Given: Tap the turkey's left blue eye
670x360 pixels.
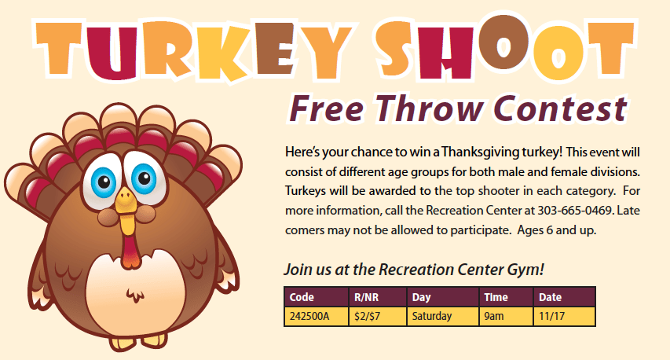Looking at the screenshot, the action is coord(104,182).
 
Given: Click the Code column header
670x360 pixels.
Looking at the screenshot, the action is coord(317,297).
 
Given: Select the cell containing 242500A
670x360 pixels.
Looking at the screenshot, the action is coord(317,317).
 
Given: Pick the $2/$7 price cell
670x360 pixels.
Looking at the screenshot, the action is coord(378,317).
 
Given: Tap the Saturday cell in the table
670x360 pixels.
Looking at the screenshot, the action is coord(443,317).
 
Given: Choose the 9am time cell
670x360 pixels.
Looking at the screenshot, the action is coord(507,317).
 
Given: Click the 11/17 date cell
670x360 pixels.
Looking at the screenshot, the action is coord(565,317).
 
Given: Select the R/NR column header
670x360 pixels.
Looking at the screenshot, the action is coord(378,297).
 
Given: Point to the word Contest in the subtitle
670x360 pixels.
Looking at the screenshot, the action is coord(560,108).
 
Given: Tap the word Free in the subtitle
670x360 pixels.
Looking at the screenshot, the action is coord(326,108).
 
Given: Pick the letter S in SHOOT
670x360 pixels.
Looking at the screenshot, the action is coord(400,50).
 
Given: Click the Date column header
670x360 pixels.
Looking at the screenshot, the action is coord(565,297).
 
